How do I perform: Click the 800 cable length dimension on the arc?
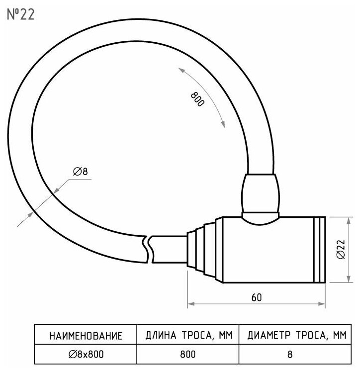click(x=197, y=99)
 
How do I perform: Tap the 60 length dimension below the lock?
click(x=257, y=297)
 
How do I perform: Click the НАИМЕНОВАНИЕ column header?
click(x=86, y=336)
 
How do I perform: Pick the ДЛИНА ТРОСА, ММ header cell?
click(x=188, y=336)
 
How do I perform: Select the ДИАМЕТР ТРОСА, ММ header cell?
click(x=296, y=336)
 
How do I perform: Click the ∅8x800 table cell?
click(x=86, y=354)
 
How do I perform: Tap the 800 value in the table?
click(x=188, y=354)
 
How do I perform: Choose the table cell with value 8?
click(x=296, y=354)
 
